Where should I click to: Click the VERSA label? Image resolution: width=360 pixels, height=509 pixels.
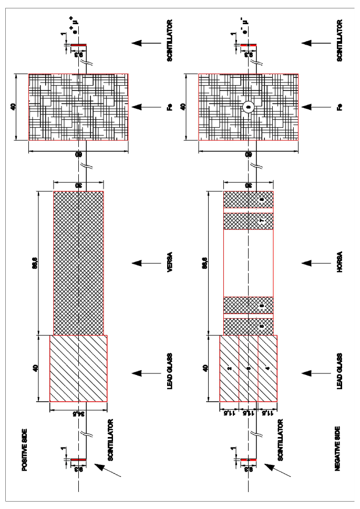pos(170,262)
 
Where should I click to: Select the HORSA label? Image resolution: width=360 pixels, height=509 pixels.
pos(340,262)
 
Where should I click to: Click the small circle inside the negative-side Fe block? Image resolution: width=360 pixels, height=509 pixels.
pos(249,107)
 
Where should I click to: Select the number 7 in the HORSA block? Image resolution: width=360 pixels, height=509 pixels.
pos(261,221)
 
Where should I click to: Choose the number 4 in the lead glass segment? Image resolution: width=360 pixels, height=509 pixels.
pos(268,369)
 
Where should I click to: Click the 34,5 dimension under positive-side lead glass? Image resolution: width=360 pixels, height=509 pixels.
pos(78,414)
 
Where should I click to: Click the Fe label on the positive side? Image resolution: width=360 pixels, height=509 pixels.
pos(170,107)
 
